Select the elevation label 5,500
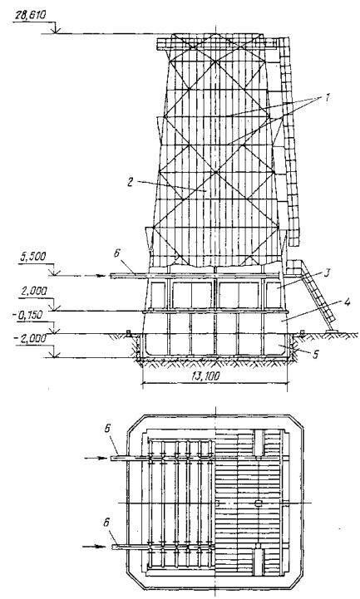coord(33,257)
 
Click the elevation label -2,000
coord(32,338)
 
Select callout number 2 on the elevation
coord(131,182)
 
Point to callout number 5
coord(315,355)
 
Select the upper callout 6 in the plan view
coord(108,429)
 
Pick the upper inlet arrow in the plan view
coord(95,458)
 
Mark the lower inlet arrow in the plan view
coord(94,547)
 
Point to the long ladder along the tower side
coord(289,141)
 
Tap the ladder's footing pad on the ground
coord(332,331)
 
